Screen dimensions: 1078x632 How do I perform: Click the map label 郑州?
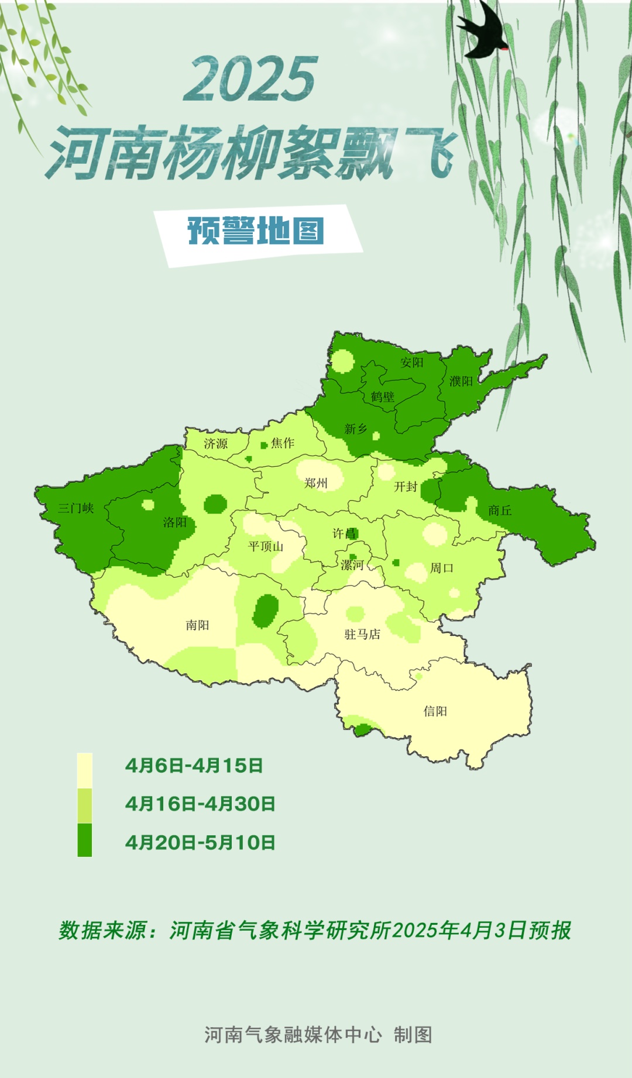316,483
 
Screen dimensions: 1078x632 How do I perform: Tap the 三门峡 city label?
76,508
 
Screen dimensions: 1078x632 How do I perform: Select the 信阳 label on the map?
435,711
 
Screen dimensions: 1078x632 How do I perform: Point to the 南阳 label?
198,625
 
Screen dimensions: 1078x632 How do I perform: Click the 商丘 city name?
500,511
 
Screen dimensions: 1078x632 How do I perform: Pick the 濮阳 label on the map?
461,381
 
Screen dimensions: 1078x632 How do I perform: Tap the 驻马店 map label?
363,635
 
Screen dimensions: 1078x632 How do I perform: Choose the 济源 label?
216,444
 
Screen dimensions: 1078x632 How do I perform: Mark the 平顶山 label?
266,546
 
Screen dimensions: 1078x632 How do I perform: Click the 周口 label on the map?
442,568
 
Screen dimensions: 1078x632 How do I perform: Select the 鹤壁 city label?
383,397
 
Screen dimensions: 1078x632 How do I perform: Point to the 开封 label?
406,487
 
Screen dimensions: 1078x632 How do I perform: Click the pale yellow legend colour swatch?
85,770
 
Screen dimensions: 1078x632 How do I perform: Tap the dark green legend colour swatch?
85,841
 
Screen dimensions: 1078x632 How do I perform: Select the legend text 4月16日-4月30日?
200,804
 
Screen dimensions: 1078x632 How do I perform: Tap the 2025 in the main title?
251,79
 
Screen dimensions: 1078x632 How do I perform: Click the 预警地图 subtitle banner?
256,230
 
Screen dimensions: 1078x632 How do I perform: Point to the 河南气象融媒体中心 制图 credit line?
318,1035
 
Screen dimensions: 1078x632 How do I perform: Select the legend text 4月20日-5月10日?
200,843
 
